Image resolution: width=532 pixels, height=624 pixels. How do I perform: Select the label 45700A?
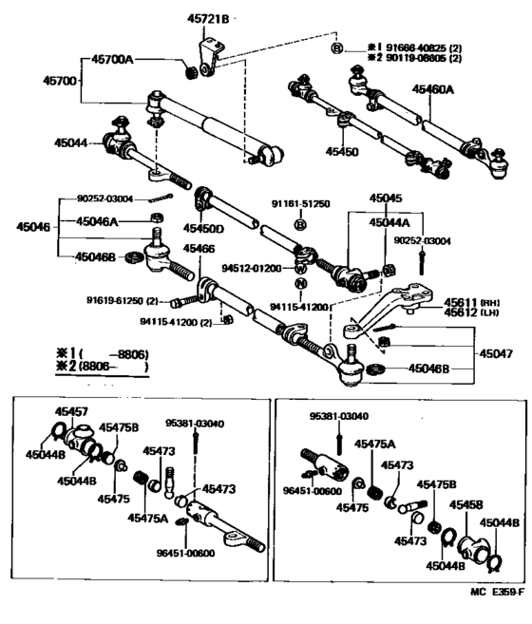(112, 60)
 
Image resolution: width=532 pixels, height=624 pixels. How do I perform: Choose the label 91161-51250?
(300, 204)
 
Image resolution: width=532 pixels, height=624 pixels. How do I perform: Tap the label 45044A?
(389, 221)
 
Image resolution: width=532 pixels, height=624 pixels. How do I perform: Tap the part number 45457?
(70, 411)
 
